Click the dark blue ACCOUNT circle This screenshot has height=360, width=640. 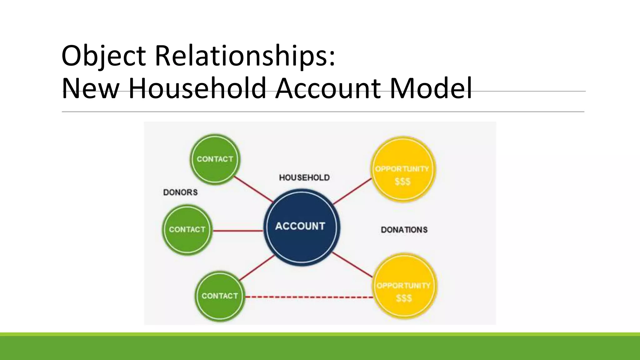point(302,227)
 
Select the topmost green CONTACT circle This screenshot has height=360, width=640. point(215,159)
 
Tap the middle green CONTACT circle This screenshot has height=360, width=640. point(187,230)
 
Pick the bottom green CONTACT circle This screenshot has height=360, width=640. point(220,296)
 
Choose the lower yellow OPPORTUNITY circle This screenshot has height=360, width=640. point(404,286)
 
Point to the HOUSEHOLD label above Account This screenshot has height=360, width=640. point(304,177)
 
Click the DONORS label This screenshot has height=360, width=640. point(180,192)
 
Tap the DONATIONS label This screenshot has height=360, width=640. point(404,230)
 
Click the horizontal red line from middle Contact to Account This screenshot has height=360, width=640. point(238,231)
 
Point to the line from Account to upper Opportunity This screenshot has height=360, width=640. point(352,191)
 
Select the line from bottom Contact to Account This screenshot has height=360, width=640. point(257,267)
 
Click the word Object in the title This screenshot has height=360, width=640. point(103,56)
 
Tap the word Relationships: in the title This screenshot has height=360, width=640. point(245,56)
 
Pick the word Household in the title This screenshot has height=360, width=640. point(197,88)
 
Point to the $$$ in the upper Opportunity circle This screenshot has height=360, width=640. point(402,182)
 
